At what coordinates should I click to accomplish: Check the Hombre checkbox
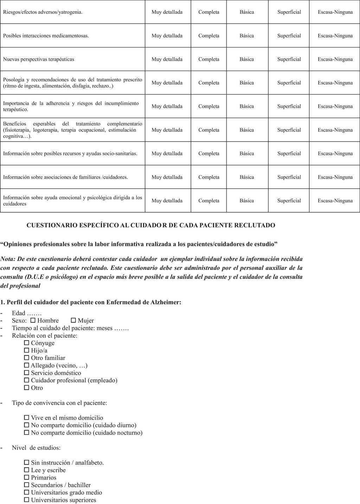pos(33,321)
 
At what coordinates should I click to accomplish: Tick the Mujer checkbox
pos(73,321)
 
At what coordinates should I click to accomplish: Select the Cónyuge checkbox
pos(27,343)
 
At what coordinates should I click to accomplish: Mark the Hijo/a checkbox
pos(27,350)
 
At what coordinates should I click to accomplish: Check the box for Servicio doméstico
pos(27,373)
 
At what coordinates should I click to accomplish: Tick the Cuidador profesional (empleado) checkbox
pos(27,380)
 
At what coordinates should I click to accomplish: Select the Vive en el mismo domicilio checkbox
pos(27,418)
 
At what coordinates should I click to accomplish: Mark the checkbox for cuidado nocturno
pos(27,433)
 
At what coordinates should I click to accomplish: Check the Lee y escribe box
pos(27,470)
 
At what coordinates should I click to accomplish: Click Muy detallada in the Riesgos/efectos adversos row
pos(167,12)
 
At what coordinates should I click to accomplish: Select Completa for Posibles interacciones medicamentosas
pos(209,35)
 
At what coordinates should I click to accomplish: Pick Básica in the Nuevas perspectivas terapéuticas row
pos(247,59)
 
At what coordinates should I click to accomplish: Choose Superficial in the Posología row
pos(289,83)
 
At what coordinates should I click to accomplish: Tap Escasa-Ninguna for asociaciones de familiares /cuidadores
pos(335,177)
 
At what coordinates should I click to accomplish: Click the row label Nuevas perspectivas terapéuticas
pos(39,59)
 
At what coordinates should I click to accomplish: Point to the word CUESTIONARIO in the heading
pos(49,225)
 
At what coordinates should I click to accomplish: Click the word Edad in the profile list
pos(19,313)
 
